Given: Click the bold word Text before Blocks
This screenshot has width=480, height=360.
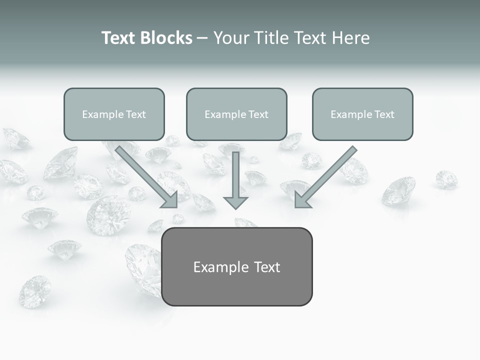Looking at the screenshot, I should click(x=120, y=38).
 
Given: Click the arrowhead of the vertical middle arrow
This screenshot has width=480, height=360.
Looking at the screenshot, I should click(x=235, y=202).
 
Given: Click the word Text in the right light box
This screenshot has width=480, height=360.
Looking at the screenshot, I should click(x=384, y=114).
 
